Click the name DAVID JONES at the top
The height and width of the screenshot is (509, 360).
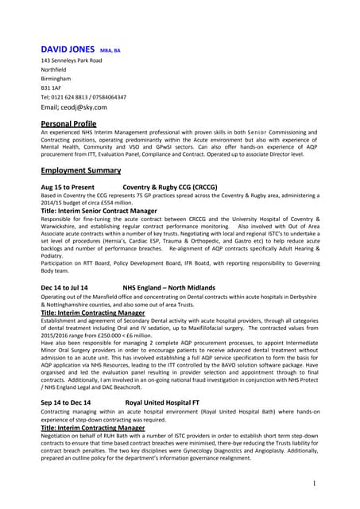point(68,49)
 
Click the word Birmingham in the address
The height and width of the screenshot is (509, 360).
point(56,79)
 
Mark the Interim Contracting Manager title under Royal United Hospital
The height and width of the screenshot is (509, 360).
point(93,428)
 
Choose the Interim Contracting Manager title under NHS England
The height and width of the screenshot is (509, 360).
point(93,313)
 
